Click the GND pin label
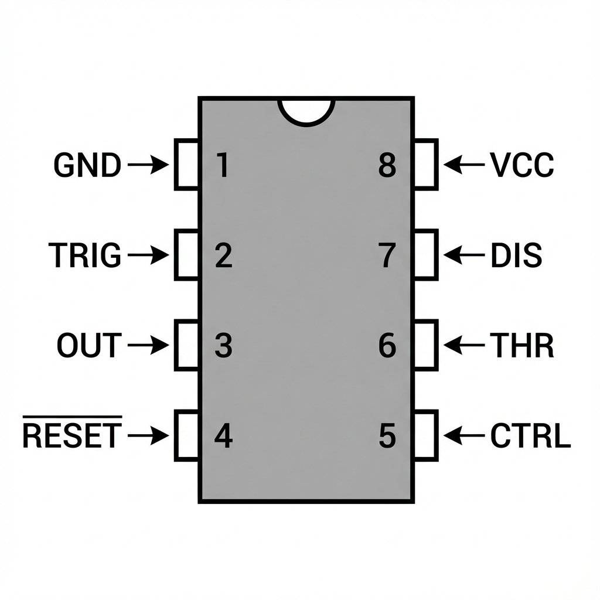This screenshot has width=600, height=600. click(x=87, y=165)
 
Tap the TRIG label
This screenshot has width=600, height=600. click(x=85, y=255)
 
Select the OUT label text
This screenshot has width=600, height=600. click(x=88, y=346)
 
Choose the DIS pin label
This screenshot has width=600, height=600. click(x=516, y=255)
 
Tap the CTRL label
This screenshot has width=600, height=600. click(x=530, y=436)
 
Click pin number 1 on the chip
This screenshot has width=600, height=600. click(x=221, y=165)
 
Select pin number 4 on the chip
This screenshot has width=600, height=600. click(x=223, y=436)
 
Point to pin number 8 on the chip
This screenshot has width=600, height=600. click(x=387, y=165)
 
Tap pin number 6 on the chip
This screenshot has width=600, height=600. click(x=387, y=346)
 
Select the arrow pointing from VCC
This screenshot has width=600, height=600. click(x=464, y=165)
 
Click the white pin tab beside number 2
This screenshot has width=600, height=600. click(x=186, y=255)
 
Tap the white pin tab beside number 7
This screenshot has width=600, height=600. click(x=426, y=255)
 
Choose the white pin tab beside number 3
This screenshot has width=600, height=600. click(x=186, y=345)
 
